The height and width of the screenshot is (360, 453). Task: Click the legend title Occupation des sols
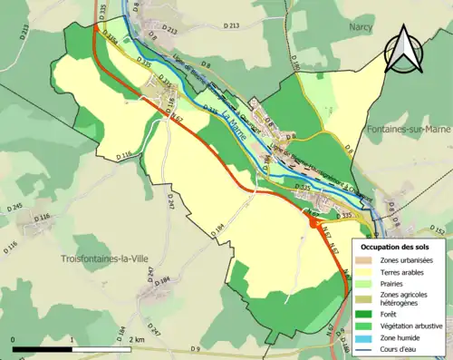click(x=399, y=246)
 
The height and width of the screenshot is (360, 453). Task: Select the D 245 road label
click(x=14, y=208)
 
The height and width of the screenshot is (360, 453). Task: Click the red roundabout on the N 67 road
click(x=313, y=221)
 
